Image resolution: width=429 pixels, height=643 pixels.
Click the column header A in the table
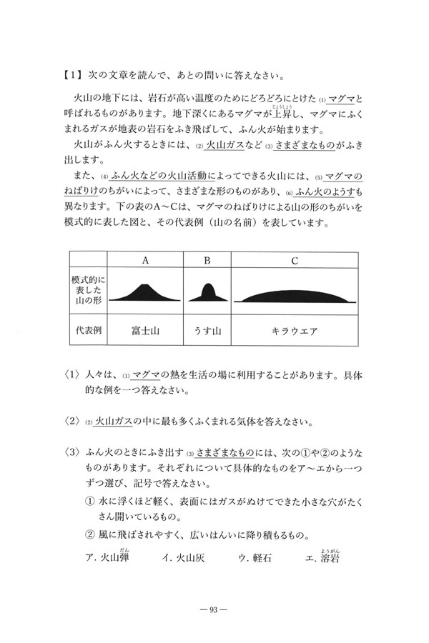point(145,260)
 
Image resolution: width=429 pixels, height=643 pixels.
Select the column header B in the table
point(207,260)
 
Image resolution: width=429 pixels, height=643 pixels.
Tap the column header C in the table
point(294,260)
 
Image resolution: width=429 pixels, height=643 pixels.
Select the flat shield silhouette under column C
point(294,296)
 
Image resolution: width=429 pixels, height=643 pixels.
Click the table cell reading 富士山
point(145,331)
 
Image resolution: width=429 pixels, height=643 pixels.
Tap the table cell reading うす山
point(207,331)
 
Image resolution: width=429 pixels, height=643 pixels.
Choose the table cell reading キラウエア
point(294,331)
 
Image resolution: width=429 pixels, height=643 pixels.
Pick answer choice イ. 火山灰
point(184,559)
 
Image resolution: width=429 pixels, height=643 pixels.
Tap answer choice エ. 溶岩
point(321,559)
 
